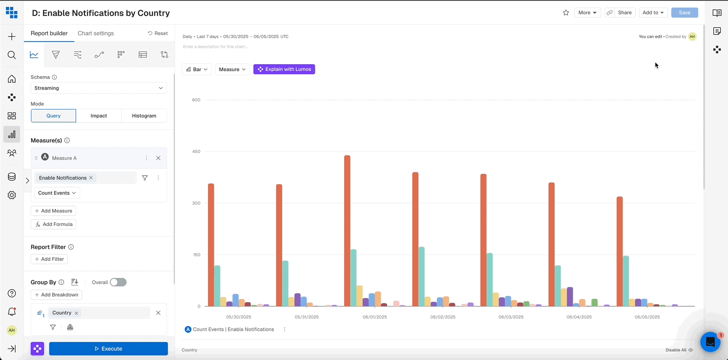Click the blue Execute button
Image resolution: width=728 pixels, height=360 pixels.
tap(108, 349)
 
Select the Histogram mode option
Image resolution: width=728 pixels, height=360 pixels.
tap(144, 116)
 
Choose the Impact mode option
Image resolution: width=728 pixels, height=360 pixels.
tap(99, 116)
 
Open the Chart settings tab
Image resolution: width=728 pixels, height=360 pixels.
tap(96, 34)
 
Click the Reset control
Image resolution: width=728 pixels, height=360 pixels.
tap(158, 34)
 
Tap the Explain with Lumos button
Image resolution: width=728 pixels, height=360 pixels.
tap(284, 69)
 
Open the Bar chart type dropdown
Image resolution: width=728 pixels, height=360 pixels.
tap(196, 69)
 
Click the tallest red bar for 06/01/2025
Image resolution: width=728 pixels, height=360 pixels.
tap(347, 231)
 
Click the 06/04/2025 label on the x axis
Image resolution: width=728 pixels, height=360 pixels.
tap(579, 317)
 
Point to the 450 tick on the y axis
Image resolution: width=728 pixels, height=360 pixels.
tap(196, 151)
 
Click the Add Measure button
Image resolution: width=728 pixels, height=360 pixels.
tap(53, 211)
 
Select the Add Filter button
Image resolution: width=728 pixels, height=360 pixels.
tap(49, 259)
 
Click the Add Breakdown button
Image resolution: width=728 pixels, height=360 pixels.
tap(56, 295)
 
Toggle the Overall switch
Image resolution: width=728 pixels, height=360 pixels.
tap(118, 282)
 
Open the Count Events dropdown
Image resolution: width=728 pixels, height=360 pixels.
tap(57, 193)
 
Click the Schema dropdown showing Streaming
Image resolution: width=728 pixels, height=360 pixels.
tap(99, 88)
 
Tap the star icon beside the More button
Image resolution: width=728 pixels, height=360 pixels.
tap(566, 13)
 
